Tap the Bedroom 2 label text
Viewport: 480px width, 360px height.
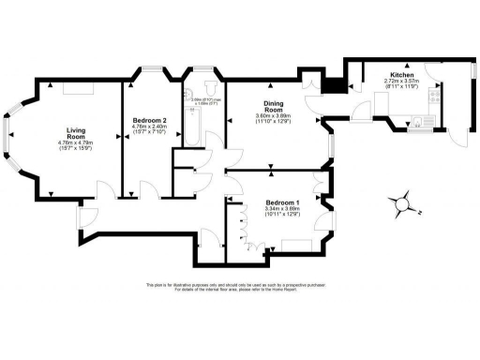[x=149, y=121]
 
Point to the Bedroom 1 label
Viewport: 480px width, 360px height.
[x=282, y=203]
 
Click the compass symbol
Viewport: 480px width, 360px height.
[x=403, y=202]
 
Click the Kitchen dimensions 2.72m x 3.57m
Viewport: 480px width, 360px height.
[x=403, y=82]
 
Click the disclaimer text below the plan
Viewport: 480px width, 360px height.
[x=240, y=288]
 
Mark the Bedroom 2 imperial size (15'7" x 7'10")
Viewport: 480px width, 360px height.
[x=149, y=134]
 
